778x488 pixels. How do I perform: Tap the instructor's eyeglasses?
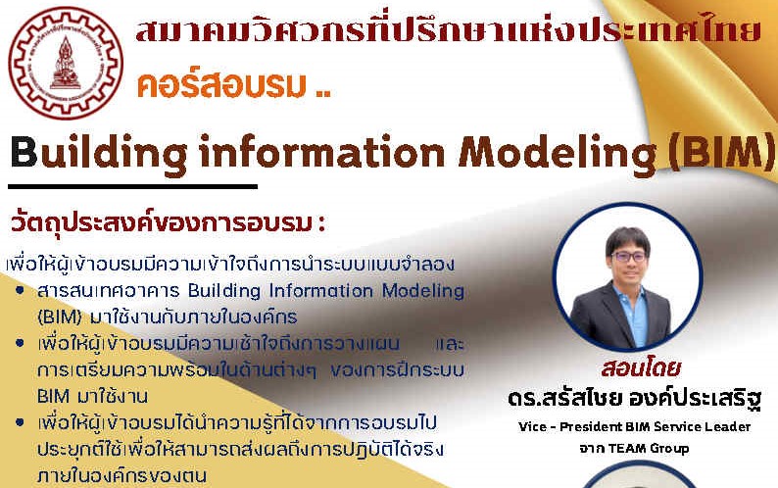pyautogui.click(x=628, y=257)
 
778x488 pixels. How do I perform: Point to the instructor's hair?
pyautogui.click(x=627, y=236)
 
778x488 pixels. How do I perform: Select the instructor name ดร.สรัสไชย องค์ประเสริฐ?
pyautogui.click(x=636, y=400)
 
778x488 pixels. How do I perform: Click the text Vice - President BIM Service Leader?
pyautogui.click(x=635, y=426)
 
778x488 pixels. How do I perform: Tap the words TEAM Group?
pyautogui.click(x=643, y=449)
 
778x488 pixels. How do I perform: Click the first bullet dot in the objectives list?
pyautogui.click(x=21, y=291)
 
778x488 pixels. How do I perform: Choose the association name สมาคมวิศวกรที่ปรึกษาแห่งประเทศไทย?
pyautogui.click(x=448, y=31)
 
